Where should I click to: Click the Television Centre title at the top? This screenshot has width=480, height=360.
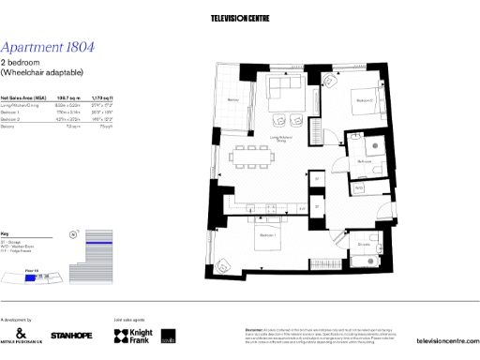point(240,18)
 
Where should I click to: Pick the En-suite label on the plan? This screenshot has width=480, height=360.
point(363,246)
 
